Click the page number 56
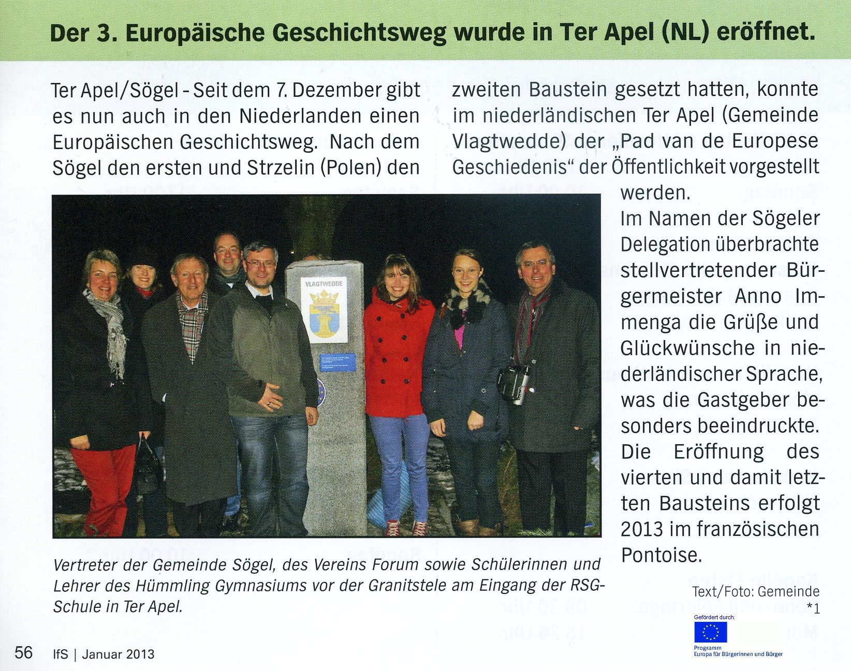click(23, 652)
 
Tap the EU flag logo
click(710, 632)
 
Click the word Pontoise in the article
click(661, 555)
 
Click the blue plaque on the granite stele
click(338, 362)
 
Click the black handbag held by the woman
click(147, 466)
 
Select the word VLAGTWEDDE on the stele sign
click(324, 284)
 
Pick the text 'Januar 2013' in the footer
click(118, 654)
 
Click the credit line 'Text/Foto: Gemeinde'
click(756, 591)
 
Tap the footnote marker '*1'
click(813, 609)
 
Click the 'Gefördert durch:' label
click(714, 617)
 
